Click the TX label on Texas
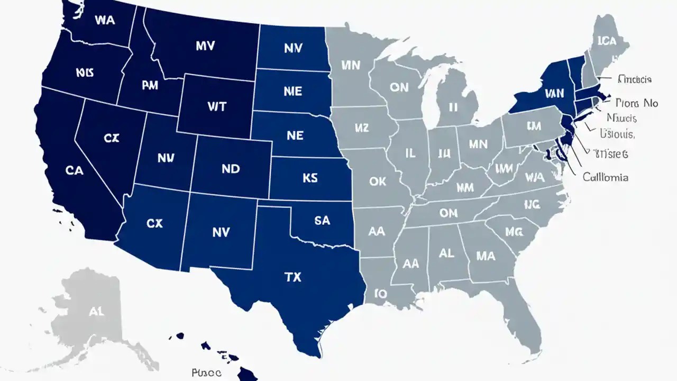coord(292,277)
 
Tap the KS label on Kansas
coord(310,178)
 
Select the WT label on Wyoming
coord(217,106)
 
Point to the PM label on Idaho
coord(150,86)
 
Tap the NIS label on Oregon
coord(85,72)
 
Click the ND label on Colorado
coord(231,169)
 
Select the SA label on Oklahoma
coord(322,221)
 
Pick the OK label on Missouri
coord(378,182)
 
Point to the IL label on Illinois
coord(410,153)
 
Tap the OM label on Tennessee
coord(449,213)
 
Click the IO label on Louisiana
coord(380,293)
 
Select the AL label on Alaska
coord(96,312)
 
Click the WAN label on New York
coord(554,94)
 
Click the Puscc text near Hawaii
coord(206,372)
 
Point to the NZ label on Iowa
coord(361,128)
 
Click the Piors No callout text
coord(637,103)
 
